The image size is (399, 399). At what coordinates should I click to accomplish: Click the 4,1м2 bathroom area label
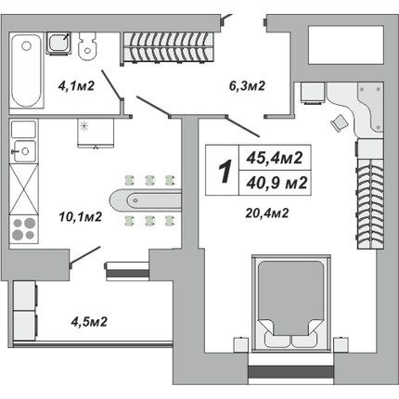click(x=76, y=85)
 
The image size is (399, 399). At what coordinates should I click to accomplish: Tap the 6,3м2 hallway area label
click(x=247, y=85)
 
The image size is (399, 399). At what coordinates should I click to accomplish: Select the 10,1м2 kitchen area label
click(x=81, y=216)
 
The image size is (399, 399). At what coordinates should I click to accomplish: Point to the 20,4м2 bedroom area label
click(x=267, y=212)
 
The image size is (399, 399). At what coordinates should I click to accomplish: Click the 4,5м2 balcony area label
click(x=89, y=322)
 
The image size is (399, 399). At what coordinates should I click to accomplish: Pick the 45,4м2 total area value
click(x=275, y=158)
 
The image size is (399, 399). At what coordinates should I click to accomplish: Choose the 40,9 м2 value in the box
click(x=277, y=183)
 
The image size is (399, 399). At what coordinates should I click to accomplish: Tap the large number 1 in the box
click(x=225, y=171)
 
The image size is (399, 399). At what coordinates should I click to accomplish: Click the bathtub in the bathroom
click(x=26, y=71)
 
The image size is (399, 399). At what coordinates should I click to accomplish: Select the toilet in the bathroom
click(x=86, y=45)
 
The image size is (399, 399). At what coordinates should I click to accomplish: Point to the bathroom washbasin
click(x=58, y=43)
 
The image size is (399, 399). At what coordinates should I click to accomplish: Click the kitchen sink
click(x=23, y=151)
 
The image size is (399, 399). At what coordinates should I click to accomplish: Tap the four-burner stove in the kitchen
click(x=24, y=229)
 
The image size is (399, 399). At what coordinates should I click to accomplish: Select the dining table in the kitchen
click(x=145, y=200)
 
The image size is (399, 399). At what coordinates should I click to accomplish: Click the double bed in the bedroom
click(x=291, y=303)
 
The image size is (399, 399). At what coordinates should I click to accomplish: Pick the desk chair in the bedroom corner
click(x=340, y=123)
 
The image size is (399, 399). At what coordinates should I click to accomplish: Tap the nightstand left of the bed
click(x=241, y=344)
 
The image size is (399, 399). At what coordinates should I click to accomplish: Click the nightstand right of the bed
click(x=341, y=344)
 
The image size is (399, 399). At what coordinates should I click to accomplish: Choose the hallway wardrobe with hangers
click(x=168, y=47)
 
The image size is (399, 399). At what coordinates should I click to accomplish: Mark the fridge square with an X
click(x=24, y=189)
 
